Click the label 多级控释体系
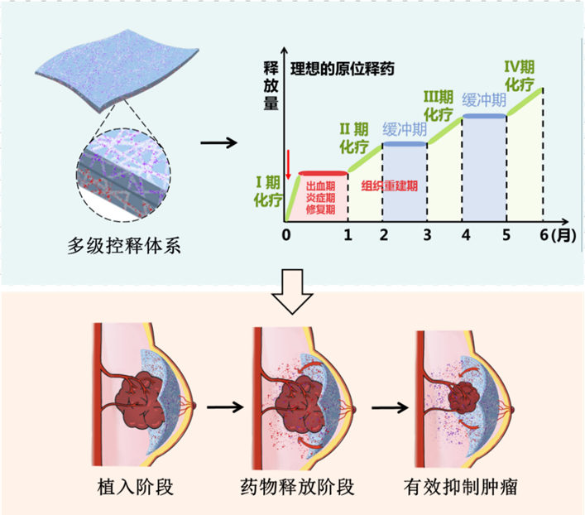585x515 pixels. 124,246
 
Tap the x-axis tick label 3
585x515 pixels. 427,235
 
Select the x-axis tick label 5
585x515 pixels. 506,235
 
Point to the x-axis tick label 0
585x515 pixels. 285,235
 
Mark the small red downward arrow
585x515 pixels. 288,164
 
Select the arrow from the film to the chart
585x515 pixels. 218,142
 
